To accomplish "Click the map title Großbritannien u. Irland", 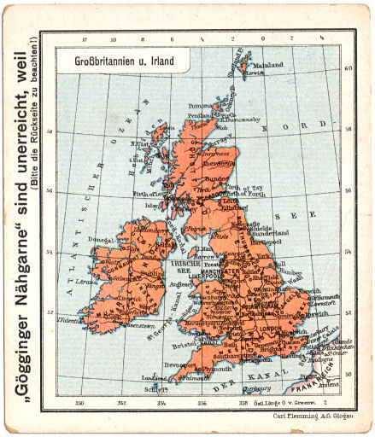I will [x=112, y=61].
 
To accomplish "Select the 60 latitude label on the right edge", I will [x=347, y=69].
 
